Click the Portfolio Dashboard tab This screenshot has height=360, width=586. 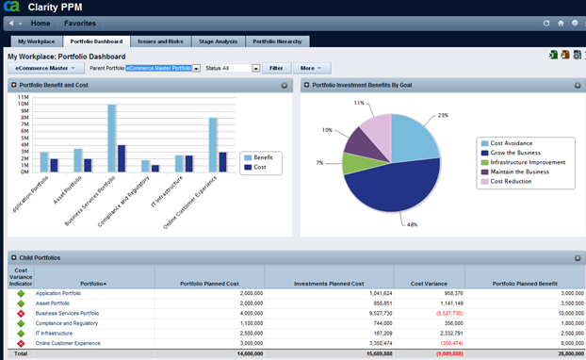96,41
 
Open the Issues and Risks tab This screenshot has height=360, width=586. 159,41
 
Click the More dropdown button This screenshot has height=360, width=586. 310,68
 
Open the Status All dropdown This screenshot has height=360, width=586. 231,68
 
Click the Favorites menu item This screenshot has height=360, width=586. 80,22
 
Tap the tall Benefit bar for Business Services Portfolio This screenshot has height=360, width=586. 111,138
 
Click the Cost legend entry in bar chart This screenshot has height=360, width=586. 258,167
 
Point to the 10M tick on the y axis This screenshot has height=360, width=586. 23,104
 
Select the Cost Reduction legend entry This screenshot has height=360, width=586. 512,181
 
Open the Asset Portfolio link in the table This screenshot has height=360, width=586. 54,303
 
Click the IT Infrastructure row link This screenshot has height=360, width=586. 53,333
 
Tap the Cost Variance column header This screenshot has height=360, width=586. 424,283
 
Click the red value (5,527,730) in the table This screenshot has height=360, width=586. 434,313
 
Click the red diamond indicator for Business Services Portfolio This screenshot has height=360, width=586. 21,313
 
